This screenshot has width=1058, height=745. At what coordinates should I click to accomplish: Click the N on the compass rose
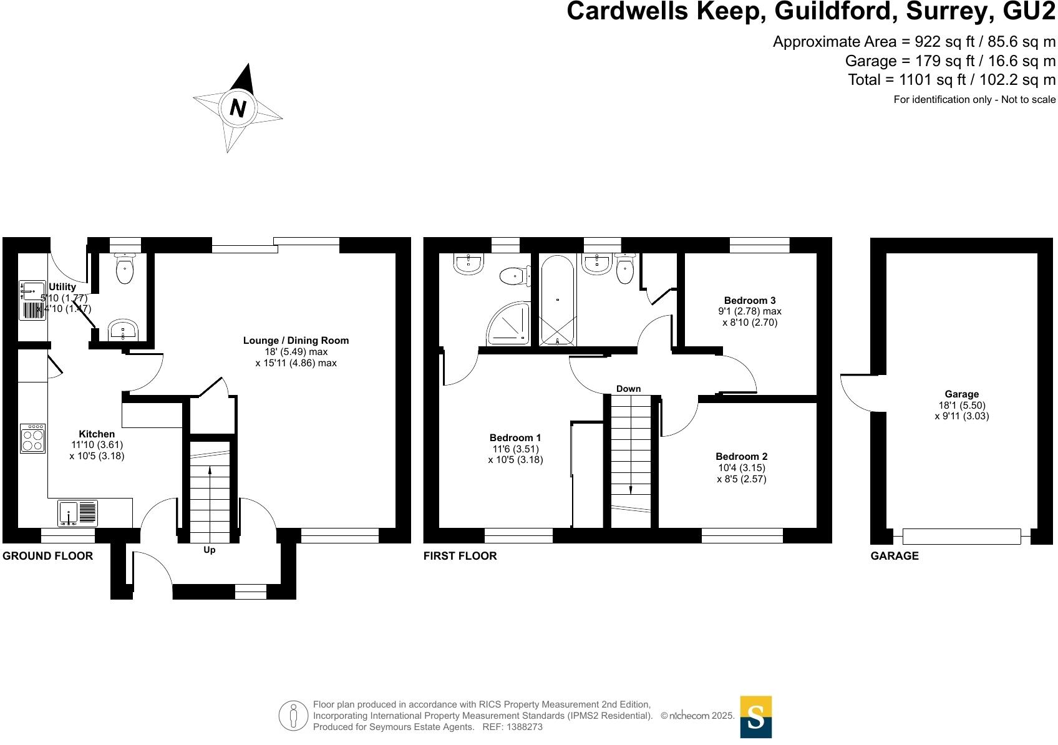(237, 108)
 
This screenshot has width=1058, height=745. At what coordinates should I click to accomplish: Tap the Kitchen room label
(97, 434)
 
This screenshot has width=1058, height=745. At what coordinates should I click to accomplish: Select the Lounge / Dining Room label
(296, 341)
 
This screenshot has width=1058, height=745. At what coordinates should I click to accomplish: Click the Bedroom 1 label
(515, 437)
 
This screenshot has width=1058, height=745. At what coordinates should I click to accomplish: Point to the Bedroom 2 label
(741, 456)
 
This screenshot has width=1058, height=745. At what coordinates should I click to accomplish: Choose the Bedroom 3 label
(750, 300)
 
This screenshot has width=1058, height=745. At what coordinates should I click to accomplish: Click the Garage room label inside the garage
(961, 394)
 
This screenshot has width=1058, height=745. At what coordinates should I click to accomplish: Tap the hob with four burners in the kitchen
(32, 438)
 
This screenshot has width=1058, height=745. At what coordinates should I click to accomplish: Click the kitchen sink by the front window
(77, 513)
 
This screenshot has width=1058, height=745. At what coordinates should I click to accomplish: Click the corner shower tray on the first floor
(508, 323)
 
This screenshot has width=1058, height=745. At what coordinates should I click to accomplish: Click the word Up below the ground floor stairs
(210, 550)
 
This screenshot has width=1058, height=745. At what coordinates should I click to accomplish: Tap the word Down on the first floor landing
(628, 389)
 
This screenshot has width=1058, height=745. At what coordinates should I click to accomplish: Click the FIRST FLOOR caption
(460, 555)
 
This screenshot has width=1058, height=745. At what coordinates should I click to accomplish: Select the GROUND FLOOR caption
(47, 555)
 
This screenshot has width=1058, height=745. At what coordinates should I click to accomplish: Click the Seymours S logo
(755, 717)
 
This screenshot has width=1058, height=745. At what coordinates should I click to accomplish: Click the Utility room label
(62, 286)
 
